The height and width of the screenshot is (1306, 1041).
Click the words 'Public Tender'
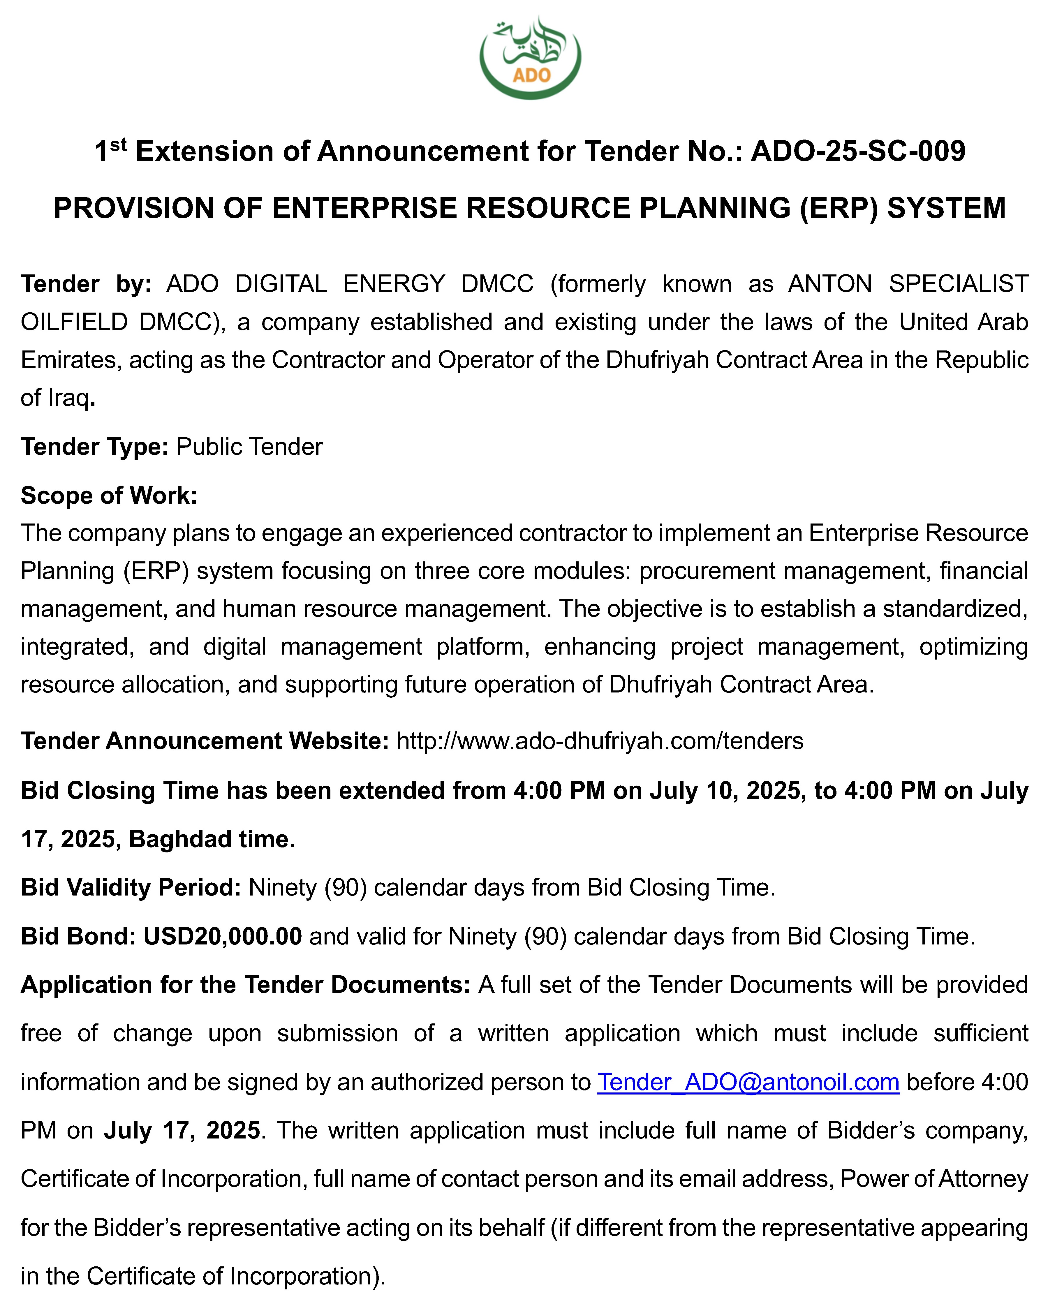click(x=249, y=446)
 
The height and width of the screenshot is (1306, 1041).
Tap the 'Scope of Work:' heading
click(x=109, y=496)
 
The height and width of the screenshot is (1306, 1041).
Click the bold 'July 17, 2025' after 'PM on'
click(x=182, y=1130)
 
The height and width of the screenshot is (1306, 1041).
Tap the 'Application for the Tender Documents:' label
click(x=245, y=985)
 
